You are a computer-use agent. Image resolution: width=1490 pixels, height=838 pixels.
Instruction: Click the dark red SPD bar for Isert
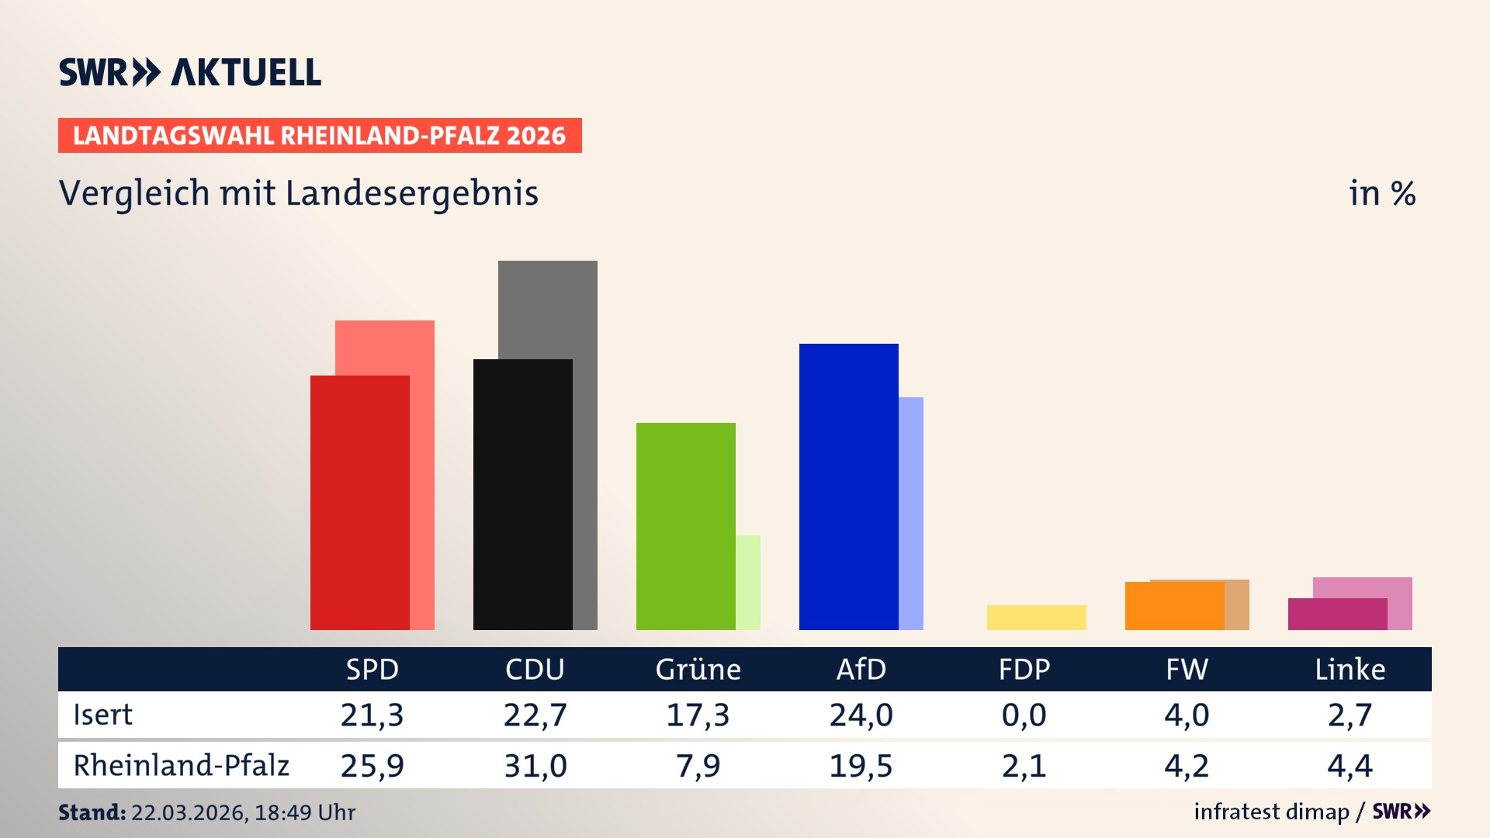359,503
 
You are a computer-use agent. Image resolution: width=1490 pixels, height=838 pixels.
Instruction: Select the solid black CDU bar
522,494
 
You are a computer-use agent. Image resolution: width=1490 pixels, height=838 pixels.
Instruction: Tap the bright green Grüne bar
685,526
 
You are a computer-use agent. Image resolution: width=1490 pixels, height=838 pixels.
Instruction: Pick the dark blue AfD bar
848,487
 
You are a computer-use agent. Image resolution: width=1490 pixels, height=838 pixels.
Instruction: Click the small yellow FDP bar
1036,618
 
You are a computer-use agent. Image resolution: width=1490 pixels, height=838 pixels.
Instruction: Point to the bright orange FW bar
1174,606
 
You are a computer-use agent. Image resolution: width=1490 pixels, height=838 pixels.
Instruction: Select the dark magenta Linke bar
1337,615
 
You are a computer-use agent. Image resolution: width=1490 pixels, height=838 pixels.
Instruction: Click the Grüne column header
698,670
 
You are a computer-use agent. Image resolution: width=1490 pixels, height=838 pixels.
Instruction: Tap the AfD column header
861,670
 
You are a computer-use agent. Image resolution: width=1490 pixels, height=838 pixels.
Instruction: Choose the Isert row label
102,715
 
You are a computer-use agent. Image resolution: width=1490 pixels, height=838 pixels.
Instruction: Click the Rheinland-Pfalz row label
181,766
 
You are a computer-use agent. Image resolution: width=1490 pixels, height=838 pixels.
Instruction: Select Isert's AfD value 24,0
861,715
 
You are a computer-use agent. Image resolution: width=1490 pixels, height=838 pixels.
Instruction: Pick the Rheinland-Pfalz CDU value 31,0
535,766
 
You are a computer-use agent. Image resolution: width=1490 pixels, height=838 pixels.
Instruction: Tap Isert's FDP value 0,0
1024,715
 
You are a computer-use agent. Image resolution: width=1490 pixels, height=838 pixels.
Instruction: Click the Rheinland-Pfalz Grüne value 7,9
698,766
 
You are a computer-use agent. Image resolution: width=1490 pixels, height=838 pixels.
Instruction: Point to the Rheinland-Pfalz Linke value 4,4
1350,766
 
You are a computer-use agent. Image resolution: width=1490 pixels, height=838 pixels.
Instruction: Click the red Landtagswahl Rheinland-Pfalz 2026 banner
320,136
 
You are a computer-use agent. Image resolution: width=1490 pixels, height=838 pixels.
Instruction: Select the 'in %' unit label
1382,193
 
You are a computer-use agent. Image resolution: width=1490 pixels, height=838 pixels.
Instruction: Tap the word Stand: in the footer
92,812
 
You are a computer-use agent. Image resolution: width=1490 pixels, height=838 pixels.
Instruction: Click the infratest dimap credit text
1271,812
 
